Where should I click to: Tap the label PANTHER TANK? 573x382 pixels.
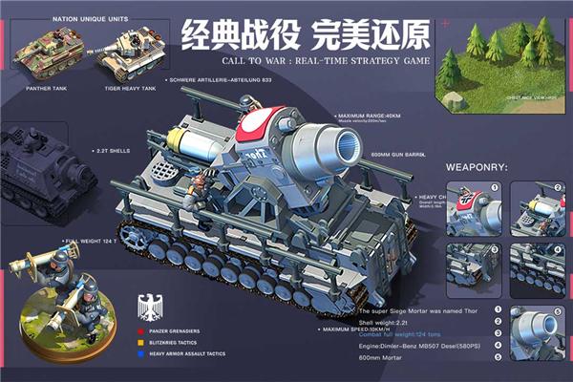pyautogui.click(x=50, y=88)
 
